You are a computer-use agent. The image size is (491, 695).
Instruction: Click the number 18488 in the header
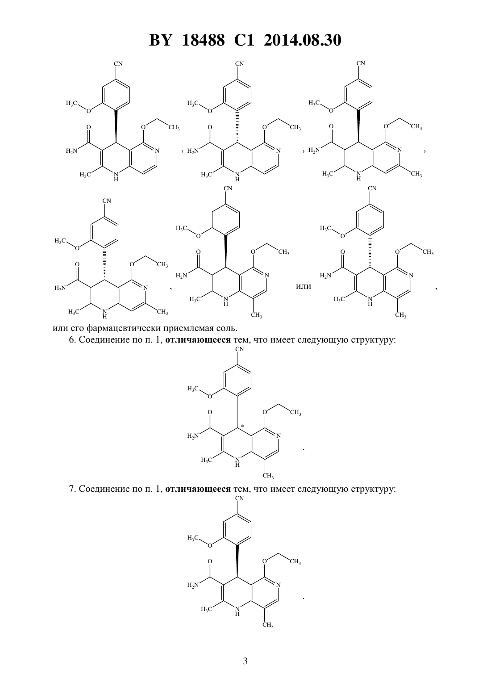tap(203, 40)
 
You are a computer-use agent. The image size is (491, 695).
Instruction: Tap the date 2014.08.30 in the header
tap(303, 40)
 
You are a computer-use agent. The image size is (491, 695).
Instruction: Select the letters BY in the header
tap(160, 40)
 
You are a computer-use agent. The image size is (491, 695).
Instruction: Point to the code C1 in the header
tap(244, 40)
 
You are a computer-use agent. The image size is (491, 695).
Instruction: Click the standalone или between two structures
tap(304, 286)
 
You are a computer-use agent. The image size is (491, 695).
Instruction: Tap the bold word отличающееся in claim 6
tap(198, 340)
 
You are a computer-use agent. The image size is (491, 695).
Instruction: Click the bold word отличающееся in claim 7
tap(198, 489)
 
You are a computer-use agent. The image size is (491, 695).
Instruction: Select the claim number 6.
tap(72, 340)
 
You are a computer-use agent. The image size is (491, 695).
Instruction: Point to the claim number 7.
tap(72, 489)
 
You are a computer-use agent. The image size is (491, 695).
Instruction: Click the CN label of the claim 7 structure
tap(239, 498)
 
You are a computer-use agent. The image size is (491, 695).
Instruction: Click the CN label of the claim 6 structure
tap(239, 349)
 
